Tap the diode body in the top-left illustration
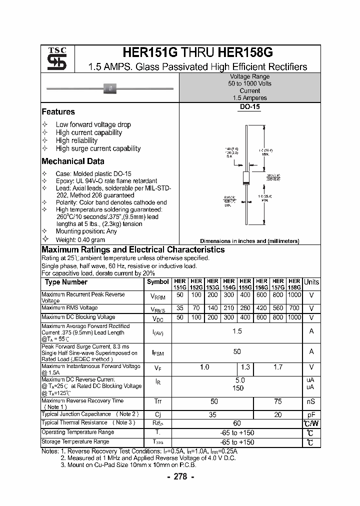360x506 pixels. [110, 89]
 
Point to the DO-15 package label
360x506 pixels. [249, 106]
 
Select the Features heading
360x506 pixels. [58, 112]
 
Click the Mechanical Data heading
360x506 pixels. [73, 161]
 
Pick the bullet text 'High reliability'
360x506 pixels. [76, 140]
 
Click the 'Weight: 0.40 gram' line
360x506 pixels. [80, 240]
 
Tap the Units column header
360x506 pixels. [311, 282]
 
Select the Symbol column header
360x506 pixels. [158, 282]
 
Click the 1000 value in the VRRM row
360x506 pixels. [294, 295]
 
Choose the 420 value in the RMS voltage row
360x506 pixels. [261, 308]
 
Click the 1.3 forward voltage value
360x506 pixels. [245, 367]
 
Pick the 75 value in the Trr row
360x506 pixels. [278, 401]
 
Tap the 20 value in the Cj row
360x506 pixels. [278, 414]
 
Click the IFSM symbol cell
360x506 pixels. [158, 352]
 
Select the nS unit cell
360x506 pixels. [311, 401]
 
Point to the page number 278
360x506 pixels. [179, 476]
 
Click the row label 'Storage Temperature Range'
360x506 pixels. [75, 442]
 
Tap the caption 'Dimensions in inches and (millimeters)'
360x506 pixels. [249, 241]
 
